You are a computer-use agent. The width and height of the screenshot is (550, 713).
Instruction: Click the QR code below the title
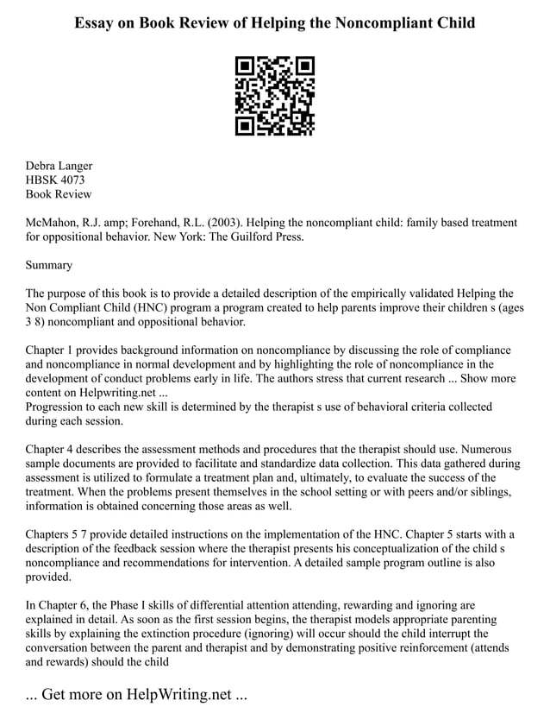pos(274,96)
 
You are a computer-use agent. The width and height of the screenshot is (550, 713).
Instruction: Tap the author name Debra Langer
pos(59,166)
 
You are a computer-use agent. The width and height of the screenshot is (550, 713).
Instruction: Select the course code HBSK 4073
pos(55,180)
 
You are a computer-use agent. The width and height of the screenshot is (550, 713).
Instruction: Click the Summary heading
pos(49,265)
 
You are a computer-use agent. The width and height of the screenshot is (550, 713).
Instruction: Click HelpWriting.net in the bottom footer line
pos(178,695)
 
